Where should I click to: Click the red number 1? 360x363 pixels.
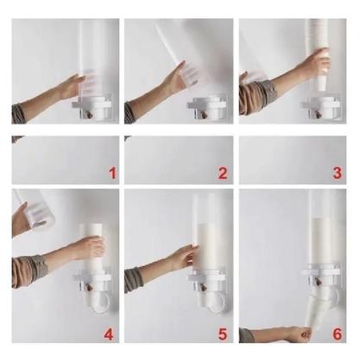[111, 173]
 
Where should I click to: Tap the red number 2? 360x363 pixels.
[222, 173]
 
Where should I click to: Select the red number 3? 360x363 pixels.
[337, 173]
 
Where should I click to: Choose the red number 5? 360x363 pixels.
[222, 334]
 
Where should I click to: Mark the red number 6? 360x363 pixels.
[337, 334]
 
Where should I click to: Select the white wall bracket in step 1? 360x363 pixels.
[91, 108]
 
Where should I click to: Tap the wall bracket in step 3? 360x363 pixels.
[320, 107]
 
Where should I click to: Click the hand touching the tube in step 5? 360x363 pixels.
[181, 257]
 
